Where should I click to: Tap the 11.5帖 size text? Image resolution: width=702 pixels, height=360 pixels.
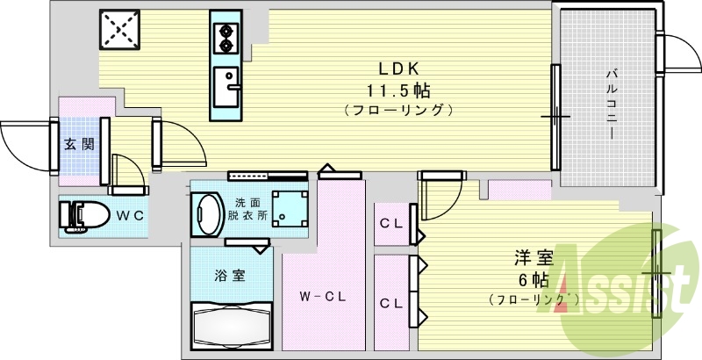click(x=398, y=89)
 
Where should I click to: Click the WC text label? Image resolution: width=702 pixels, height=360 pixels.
click(x=131, y=214)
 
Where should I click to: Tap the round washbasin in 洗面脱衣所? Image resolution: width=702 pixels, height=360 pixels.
click(x=209, y=213)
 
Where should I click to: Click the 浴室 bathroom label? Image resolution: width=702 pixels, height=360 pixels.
click(x=231, y=275)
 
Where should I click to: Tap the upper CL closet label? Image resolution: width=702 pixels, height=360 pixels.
click(x=390, y=223)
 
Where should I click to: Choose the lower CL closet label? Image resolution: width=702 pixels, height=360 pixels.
click(x=390, y=303)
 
